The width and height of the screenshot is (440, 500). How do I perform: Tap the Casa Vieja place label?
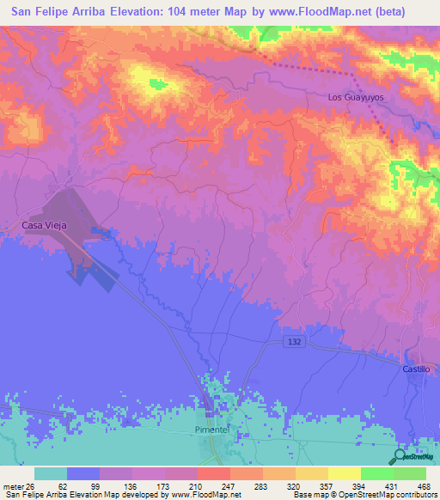pyautogui.click(x=45, y=225)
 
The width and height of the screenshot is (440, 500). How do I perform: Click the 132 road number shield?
pyautogui.click(x=293, y=342)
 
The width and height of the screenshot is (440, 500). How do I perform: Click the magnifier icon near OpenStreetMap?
pyautogui.click(x=400, y=457)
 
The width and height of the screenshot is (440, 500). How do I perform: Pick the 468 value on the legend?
pyautogui.click(x=423, y=485)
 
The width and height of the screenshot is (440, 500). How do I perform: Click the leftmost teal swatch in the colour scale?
pyautogui.click(x=51, y=473)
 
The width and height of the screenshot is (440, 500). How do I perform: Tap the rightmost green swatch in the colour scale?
pyautogui.click(x=410, y=473)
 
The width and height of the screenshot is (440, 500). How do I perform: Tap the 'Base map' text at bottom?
pyautogui.click(x=313, y=495)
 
